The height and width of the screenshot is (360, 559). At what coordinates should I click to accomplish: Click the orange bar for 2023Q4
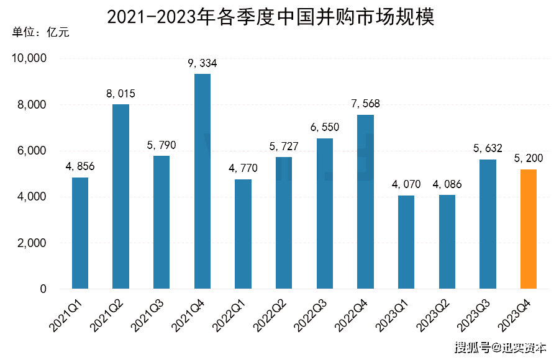click(x=529, y=229)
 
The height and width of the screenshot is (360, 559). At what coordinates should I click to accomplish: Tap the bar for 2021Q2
click(x=120, y=196)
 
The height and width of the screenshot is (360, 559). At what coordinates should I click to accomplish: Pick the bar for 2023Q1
click(x=406, y=242)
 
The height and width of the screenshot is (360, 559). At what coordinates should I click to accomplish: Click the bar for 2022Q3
click(x=325, y=214)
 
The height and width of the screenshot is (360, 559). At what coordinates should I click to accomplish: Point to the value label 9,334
click(x=202, y=63)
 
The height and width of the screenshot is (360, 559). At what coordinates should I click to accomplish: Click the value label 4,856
click(x=80, y=167)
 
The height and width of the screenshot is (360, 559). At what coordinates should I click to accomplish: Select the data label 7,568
click(x=365, y=104)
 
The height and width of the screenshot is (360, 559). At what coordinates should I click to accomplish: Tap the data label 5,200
click(x=529, y=158)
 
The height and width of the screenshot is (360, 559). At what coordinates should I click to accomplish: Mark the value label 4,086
click(x=447, y=184)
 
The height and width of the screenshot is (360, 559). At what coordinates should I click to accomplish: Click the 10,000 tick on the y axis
click(x=29, y=59)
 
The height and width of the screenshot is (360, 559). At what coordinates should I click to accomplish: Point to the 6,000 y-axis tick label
click(x=32, y=151)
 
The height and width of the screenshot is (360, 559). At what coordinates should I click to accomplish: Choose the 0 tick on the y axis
click(x=43, y=289)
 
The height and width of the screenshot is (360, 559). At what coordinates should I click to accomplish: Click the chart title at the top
click(x=271, y=16)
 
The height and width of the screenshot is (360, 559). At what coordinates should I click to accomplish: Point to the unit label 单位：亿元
click(x=40, y=32)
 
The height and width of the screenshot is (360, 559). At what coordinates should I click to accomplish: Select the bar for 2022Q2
click(x=284, y=223)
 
